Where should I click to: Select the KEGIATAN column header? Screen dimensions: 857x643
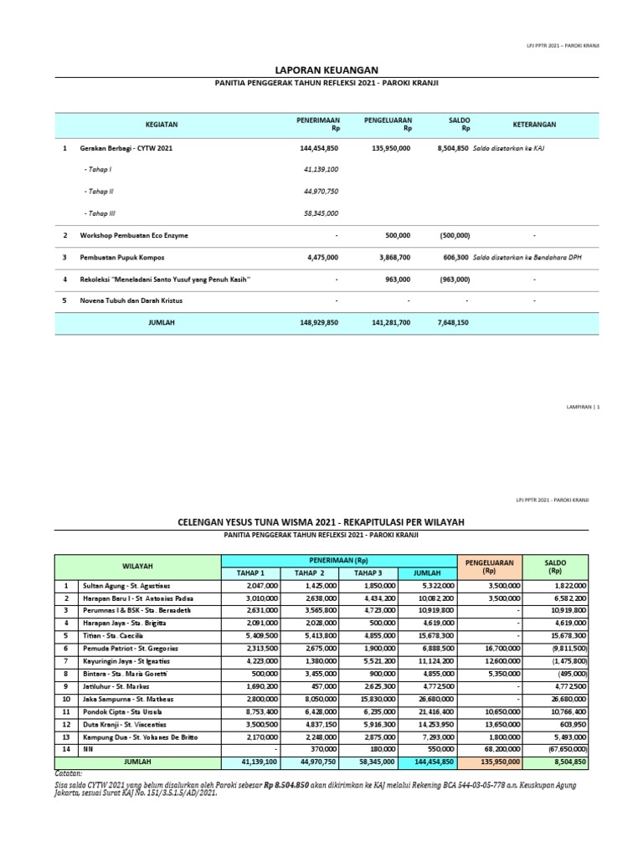click(162, 125)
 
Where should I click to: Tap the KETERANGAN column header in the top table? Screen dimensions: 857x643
click(533, 125)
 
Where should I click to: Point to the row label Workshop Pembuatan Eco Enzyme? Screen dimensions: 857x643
click(134, 236)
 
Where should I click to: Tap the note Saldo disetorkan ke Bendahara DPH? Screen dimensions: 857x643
click(527, 258)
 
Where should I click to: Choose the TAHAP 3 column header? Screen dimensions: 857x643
click(367, 572)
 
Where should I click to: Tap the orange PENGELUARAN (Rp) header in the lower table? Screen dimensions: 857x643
click(490, 567)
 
